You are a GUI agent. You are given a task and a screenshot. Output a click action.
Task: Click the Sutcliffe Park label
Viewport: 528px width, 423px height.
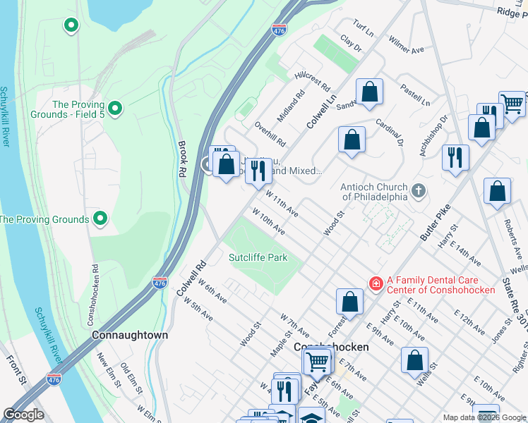click(258, 257)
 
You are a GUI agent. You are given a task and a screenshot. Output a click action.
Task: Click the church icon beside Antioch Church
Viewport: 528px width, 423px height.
click(419, 190)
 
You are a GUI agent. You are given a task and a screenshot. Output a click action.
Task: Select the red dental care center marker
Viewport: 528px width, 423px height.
click(376, 283)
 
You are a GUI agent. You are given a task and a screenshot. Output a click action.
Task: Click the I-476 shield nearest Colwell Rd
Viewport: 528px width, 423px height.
click(160, 283)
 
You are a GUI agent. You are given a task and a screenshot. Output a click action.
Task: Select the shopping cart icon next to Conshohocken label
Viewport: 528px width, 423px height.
click(317, 362)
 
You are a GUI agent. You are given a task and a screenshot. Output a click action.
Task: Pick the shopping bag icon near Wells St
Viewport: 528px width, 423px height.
click(415, 359)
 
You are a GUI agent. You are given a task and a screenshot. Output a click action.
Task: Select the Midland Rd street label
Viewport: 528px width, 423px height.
click(290, 105)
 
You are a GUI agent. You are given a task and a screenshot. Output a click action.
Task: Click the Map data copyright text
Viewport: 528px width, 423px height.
click(484, 417)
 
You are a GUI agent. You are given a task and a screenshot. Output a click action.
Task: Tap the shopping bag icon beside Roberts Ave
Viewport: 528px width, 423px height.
click(498, 191)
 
